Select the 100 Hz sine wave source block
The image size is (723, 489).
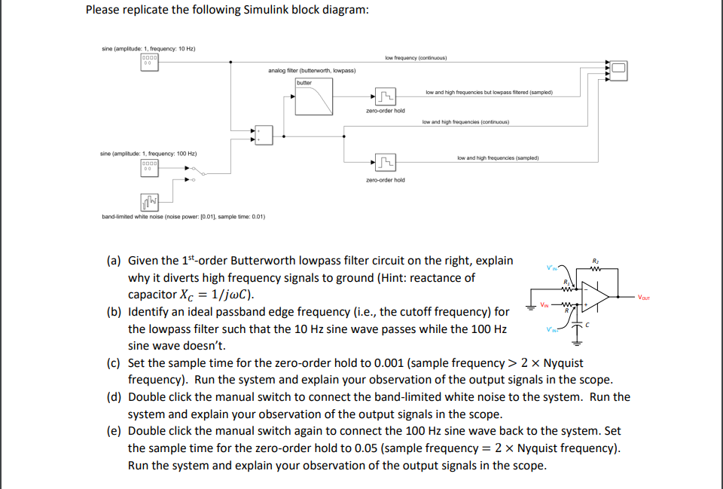coord(150,167)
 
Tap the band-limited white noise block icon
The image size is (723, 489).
coord(150,201)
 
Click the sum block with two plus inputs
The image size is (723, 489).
coord(263,136)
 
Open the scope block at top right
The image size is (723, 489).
coord(618,70)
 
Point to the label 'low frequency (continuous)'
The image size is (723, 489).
coord(416,58)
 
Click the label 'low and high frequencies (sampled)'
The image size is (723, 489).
coord(496,158)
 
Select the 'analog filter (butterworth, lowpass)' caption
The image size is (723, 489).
coord(312,70)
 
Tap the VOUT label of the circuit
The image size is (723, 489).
coord(645,297)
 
